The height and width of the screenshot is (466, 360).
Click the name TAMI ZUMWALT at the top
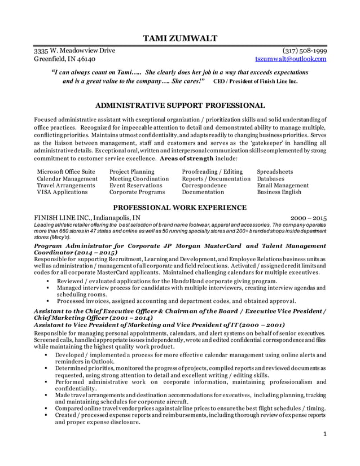(x=179, y=38)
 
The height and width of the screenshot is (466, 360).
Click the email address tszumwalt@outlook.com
(x=291, y=59)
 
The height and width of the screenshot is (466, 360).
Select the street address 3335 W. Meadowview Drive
(x=74, y=50)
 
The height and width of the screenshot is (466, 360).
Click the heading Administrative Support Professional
(x=179, y=105)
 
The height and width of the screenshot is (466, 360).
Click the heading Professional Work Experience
(x=179, y=207)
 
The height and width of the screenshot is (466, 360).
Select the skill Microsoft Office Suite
(x=65, y=171)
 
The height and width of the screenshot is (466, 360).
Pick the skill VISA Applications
(x=62, y=192)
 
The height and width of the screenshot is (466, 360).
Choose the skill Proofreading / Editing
(x=212, y=171)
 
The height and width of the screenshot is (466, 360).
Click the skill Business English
(x=279, y=192)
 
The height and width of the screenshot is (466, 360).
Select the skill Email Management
(x=282, y=185)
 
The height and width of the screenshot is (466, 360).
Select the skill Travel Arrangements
(x=67, y=185)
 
